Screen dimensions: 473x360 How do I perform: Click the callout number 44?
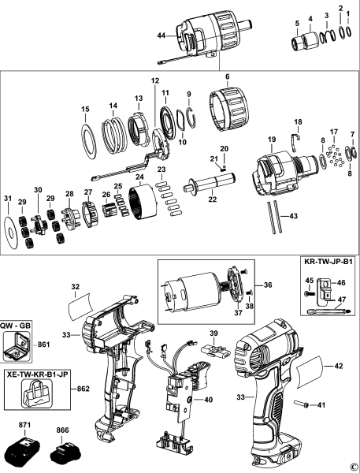pos(161,37)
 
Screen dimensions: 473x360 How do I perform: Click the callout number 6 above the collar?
pos(226,77)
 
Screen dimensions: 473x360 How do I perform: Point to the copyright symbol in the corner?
pos(354,467)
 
